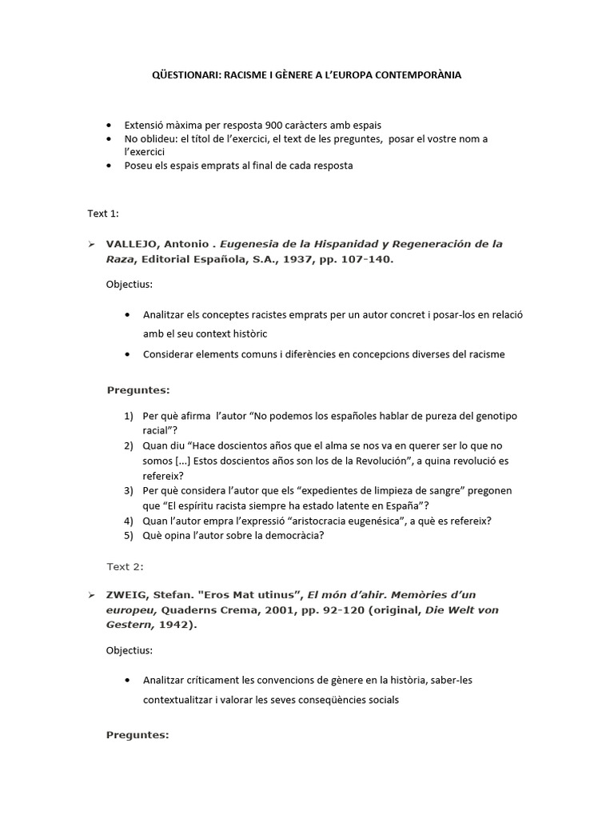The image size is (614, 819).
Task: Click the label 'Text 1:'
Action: pyautogui.click(x=103, y=214)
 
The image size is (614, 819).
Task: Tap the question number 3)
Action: pyautogui.click(x=130, y=489)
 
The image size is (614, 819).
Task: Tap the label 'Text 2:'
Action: pyautogui.click(x=126, y=566)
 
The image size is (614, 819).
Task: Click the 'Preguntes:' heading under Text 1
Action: pyautogui.click(x=138, y=390)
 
